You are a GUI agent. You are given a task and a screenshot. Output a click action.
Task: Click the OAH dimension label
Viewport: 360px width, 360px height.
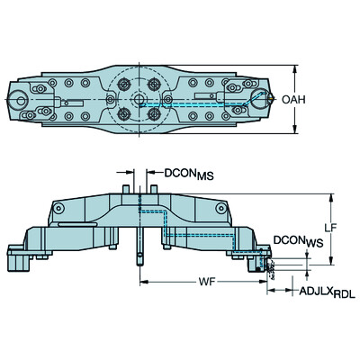[x=319, y=99]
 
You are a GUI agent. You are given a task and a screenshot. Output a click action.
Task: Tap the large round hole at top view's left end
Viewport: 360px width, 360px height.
[x=17, y=100]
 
